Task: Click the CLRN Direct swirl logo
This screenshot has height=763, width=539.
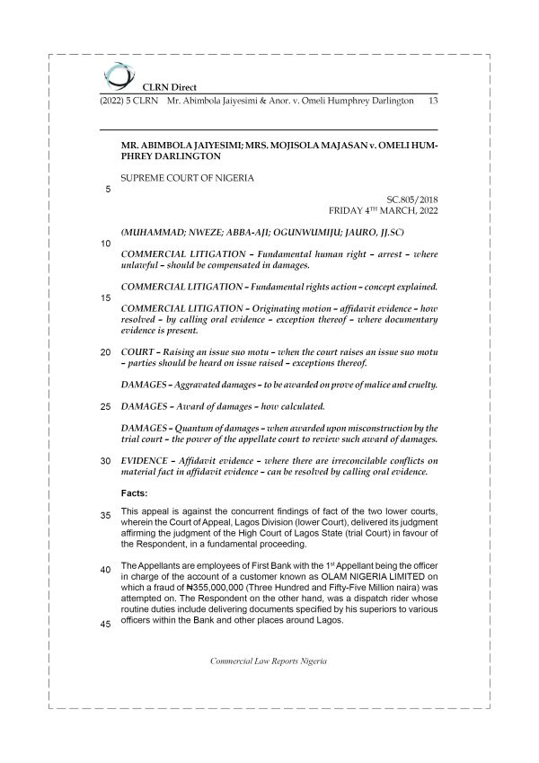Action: click(x=117, y=75)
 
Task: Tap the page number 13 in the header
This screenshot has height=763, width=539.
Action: click(x=433, y=102)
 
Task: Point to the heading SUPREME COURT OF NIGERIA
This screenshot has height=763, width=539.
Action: click(x=187, y=178)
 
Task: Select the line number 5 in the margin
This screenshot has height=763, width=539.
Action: click(x=108, y=190)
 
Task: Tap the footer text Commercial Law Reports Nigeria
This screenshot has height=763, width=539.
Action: click(x=269, y=661)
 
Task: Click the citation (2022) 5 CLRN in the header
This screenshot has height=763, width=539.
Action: click(x=127, y=102)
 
